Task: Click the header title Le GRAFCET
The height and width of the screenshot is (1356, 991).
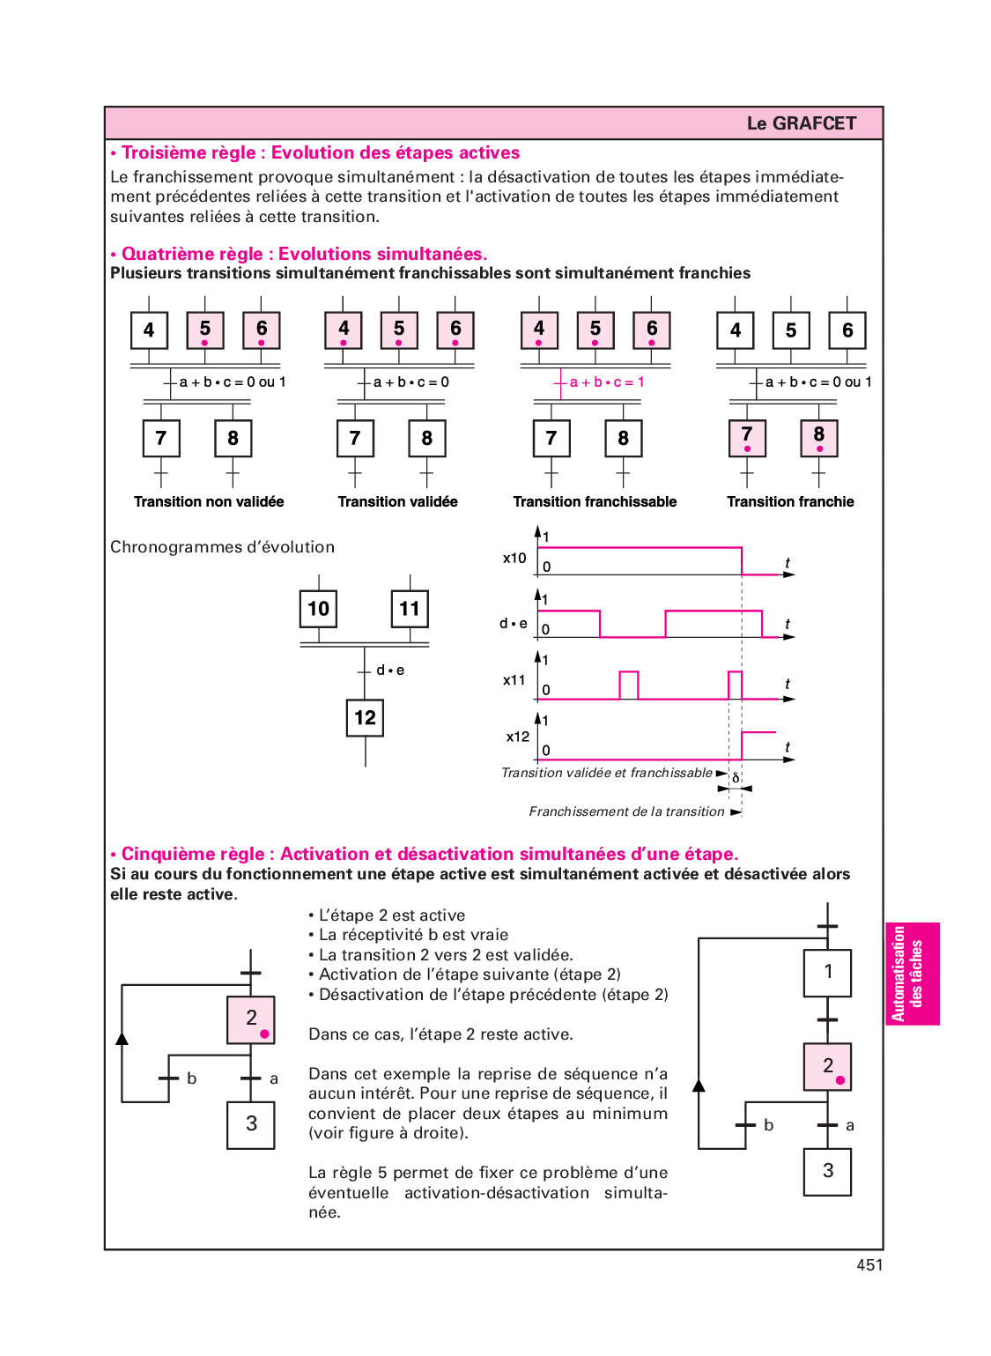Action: click(x=801, y=123)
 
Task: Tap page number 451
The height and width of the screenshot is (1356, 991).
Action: click(x=869, y=1264)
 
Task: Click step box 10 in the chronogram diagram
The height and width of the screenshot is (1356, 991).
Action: click(x=318, y=608)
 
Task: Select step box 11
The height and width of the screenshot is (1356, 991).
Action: click(x=410, y=608)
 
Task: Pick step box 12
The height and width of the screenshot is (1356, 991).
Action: click(x=365, y=717)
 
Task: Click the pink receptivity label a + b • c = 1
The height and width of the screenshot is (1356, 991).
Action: click(x=607, y=382)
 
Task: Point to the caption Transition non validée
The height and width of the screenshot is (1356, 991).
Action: click(x=209, y=501)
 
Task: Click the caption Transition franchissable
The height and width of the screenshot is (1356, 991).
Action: click(x=595, y=501)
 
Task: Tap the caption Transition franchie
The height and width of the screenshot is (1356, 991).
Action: click(x=790, y=501)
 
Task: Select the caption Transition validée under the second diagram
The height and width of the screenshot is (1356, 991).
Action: click(x=397, y=501)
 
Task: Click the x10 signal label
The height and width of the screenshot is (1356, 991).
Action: click(x=514, y=558)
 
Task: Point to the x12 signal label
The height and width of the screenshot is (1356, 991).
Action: click(x=518, y=737)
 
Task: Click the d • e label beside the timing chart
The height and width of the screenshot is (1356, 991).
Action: click(x=514, y=623)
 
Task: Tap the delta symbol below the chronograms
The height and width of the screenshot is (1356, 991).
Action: click(x=736, y=778)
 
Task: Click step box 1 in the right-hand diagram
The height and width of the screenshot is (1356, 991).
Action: click(x=827, y=973)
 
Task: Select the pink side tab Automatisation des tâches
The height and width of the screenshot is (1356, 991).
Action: click(x=912, y=974)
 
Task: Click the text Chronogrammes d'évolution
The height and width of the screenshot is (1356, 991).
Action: click(x=222, y=547)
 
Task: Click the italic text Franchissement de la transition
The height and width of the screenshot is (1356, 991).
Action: click(x=626, y=811)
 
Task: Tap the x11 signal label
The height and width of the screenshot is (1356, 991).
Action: click(x=514, y=680)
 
